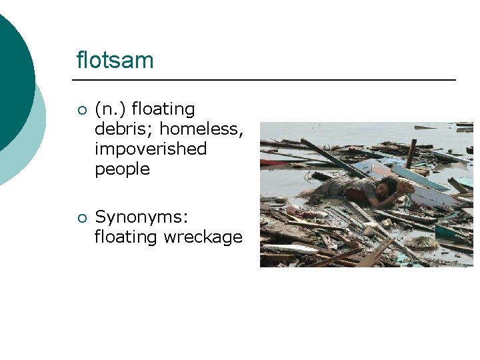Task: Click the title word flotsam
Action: tap(115, 61)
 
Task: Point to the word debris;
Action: tap(125, 129)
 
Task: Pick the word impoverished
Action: tap(151, 149)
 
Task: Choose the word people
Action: tap(122, 169)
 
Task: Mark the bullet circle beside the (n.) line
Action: tap(81, 110)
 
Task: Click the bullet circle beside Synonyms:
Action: tap(81, 217)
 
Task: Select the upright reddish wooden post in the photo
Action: tap(411, 153)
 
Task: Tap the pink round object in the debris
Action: tap(291, 209)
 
